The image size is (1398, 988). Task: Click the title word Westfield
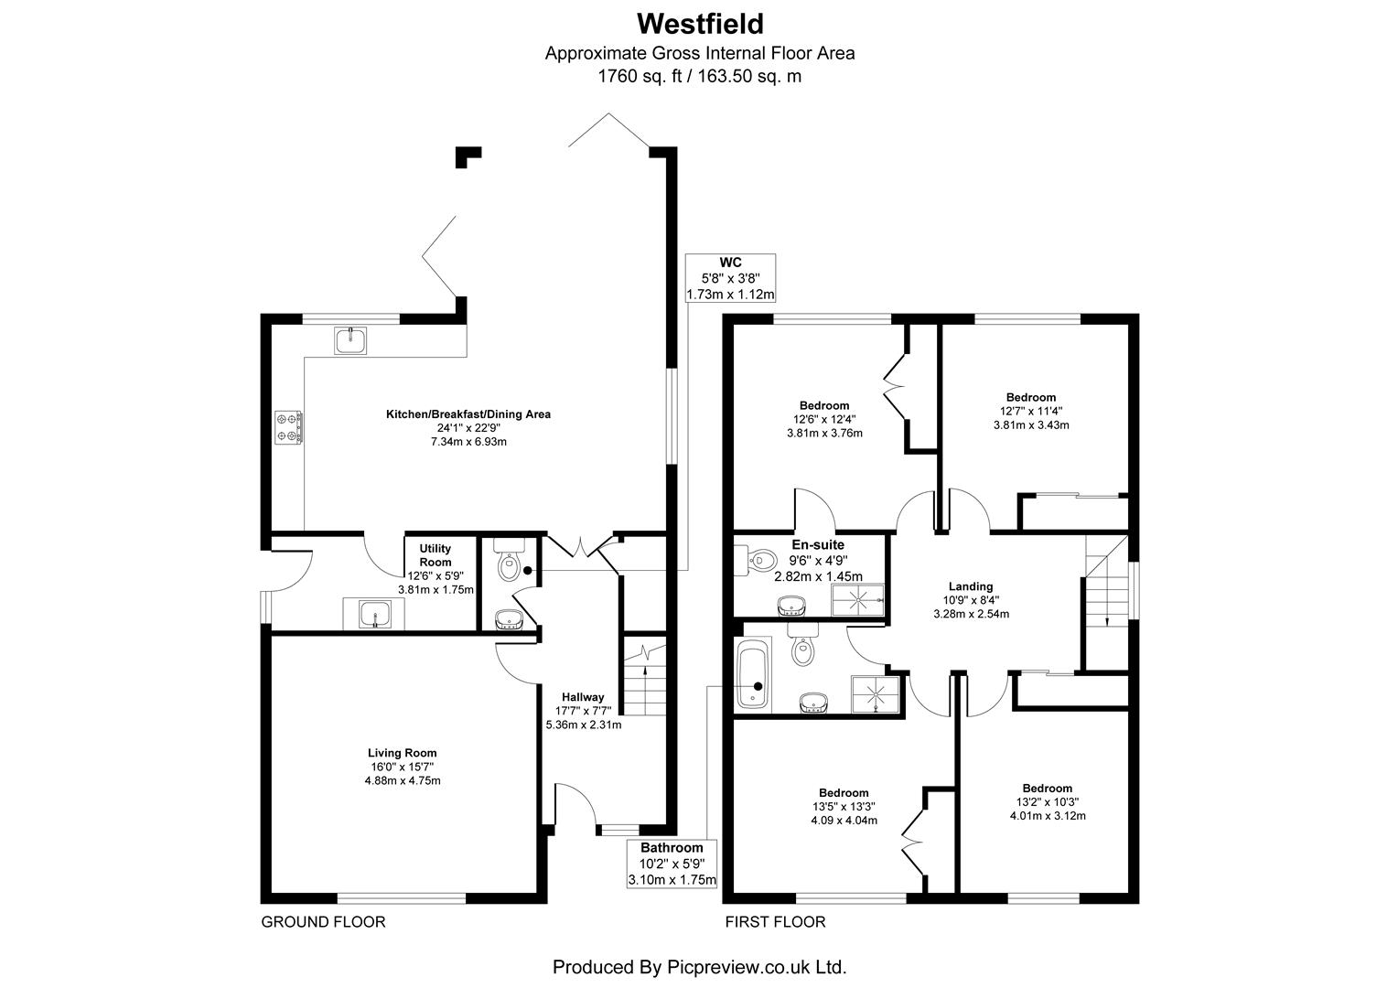pos(700,22)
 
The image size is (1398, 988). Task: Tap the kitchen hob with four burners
pos(290,427)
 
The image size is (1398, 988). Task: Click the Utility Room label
pos(436,555)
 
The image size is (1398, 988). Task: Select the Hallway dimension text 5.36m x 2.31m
pos(584,725)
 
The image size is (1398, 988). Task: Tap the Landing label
pos(971,586)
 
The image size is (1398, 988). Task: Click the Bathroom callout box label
pos(672,848)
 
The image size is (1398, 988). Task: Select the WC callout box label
pos(730,263)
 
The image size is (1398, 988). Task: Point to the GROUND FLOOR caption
pos(323,922)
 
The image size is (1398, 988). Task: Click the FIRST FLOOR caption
pos(775,922)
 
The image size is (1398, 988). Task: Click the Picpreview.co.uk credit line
pos(699,966)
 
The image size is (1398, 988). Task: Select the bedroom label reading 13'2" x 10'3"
pos(1048,802)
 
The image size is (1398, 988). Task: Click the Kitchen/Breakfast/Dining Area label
pos(468,414)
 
